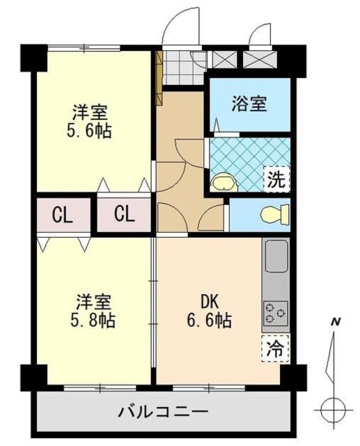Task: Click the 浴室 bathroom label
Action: [249, 104]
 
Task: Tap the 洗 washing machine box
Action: [276, 180]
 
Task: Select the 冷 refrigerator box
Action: [275, 348]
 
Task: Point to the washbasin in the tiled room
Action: [225, 183]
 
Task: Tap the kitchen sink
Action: [276, 256]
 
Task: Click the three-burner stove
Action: [275, 314]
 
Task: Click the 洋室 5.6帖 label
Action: [89, 122]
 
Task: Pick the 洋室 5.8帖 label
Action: [93, 311]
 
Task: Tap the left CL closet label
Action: [63, 215]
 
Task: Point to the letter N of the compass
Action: [335, 322]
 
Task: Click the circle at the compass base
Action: [334, 410]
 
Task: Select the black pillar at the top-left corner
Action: [34, 58]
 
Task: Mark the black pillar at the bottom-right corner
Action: [294, 377]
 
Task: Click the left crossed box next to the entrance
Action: [224, 59]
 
